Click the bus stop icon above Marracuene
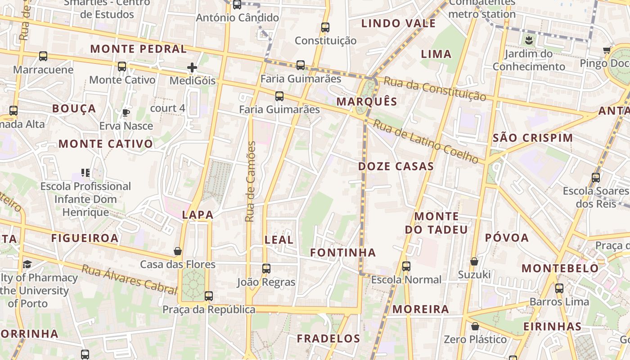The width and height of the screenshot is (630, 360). click(x=43, y=56)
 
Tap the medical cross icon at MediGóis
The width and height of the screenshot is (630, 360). click(x=192, y=67)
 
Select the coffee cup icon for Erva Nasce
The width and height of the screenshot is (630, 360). click(x=126, y=112)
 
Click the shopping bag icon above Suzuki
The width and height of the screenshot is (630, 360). click(x=474, y=261)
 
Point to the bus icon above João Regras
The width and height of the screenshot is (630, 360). click(x=266, y=269)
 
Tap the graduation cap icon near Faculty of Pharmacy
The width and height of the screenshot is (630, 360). click(x=27, y=265)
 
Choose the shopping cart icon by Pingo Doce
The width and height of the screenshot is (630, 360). click(x=607, y=50)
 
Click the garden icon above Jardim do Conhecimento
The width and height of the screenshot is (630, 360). click(x=529, y=40)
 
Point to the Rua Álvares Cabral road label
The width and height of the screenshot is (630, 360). click(x=129, y=279)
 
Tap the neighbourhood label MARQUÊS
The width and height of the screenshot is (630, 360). click(x=367, y=102)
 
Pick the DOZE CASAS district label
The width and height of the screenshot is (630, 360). click(x=396, y=166)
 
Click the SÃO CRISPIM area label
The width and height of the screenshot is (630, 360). click(x=533, y=138)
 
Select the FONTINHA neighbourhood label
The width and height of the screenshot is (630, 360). click(x=343, y=253)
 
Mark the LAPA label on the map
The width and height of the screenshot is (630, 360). click(x=198, y=215)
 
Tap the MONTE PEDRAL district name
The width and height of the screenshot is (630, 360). click(x=139, y=49)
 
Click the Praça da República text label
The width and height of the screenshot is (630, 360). click(x=209, y=310)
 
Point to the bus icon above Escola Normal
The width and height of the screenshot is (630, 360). click(x=406, y=266)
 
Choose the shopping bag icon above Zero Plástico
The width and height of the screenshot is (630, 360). click(x=475, y=326)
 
